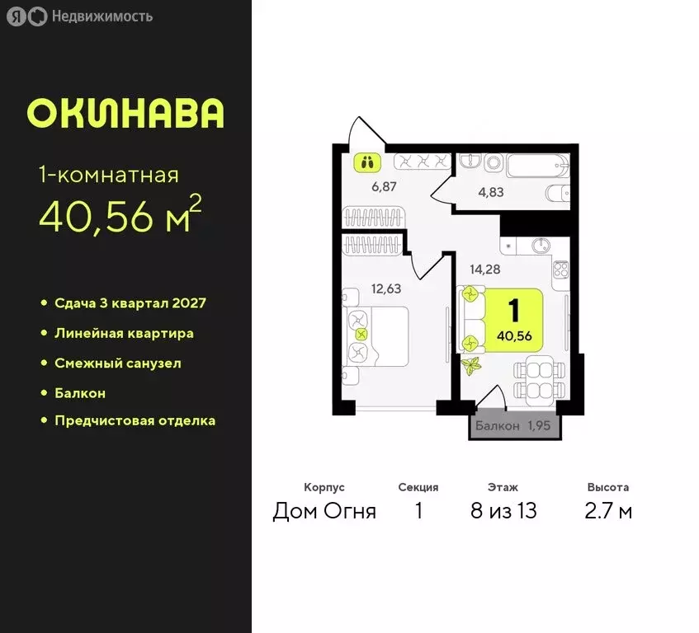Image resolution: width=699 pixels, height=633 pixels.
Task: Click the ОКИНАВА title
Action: point(125,113)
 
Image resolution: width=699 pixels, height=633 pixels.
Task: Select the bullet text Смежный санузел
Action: point(117,363)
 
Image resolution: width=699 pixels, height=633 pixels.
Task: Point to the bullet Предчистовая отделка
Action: point(135,420)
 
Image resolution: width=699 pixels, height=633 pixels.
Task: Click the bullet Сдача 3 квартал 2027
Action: point(130,302)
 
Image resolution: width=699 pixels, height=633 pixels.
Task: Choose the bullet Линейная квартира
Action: point(124,333)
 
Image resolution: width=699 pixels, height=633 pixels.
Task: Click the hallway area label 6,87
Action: point(385,186)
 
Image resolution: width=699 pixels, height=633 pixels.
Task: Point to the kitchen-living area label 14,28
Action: point(486,268)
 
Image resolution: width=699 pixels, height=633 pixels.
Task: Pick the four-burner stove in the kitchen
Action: point(561,271)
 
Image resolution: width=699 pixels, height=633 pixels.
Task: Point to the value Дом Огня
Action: point(324,511)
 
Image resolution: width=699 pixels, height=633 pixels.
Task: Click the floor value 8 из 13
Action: point(503,511)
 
